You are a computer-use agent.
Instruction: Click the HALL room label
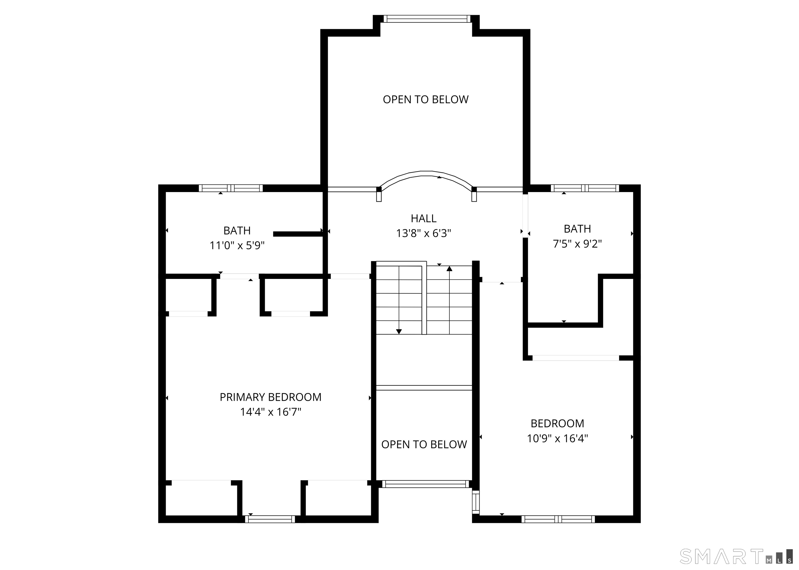coord(423,219)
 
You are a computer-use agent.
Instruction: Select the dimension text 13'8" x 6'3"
coord(423,233)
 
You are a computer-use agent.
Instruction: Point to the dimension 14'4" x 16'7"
coord(270,412)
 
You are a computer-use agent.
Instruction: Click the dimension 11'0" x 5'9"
coord(237,245)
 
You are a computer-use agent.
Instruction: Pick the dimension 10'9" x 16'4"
coord(557,438)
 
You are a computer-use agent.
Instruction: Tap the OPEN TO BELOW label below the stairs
coord(424,445)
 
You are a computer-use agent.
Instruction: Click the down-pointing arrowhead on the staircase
coord(399,331)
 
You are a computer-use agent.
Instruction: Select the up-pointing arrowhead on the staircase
coord(449,269)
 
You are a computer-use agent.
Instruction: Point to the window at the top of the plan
coord(427,19)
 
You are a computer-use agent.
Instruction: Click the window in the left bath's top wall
coord(231,188)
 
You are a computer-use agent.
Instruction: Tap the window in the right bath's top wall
coord(585,188)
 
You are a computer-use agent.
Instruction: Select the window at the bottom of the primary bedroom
coord(270,519)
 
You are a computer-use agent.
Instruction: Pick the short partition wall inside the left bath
coord(298,234)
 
